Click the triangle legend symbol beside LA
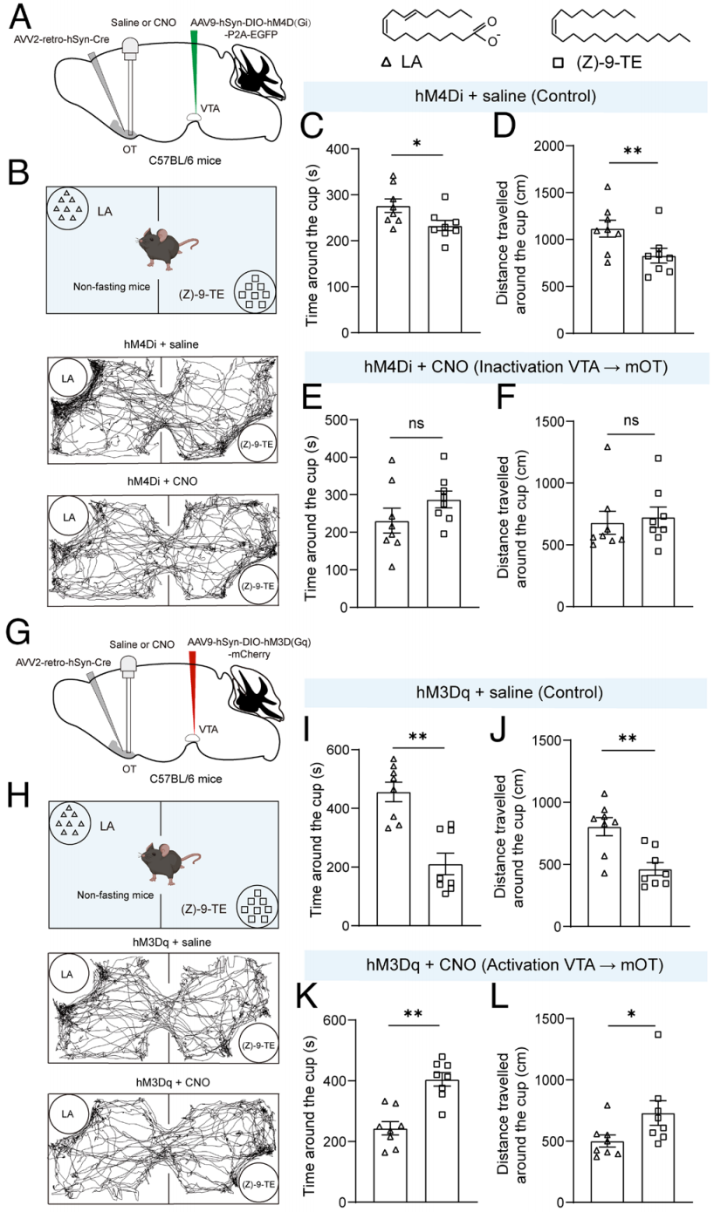coord(386,64)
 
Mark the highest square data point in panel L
coord(659,1034)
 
